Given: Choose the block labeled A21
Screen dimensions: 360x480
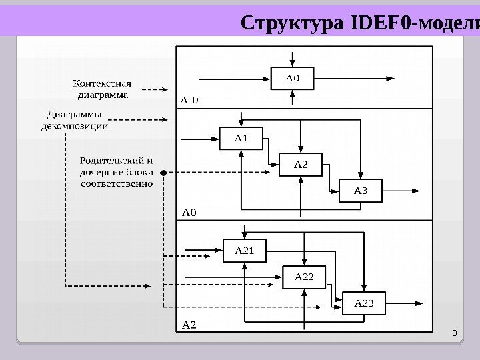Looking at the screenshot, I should tap(244, 251).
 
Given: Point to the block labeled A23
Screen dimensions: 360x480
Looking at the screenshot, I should tap(364, 303).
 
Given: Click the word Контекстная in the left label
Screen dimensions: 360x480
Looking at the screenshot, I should tap(102, 83).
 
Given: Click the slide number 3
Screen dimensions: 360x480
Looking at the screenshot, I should tap(454, 333).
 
